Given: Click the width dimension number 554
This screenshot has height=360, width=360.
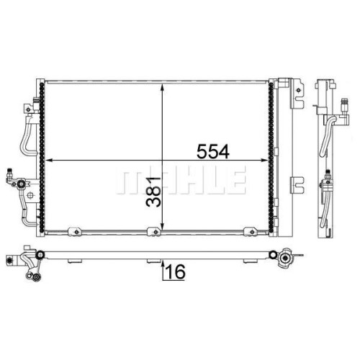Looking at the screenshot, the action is (x=213, y=151).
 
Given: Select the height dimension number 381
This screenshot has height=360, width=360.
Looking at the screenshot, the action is (x=153, y=192).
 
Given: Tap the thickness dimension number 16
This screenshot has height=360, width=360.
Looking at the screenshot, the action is (x=176, y=271).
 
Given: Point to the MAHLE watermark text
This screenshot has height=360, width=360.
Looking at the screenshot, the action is (x=181, y=179).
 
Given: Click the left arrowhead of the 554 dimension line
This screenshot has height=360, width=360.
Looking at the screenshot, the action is (x=49, y=161).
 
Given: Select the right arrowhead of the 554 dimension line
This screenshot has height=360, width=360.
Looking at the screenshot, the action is (x=265, y=161).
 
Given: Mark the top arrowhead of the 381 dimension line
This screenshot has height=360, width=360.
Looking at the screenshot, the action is (x=163, y=87).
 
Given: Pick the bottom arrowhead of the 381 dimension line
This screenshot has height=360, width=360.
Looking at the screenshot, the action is (x=163, y=226).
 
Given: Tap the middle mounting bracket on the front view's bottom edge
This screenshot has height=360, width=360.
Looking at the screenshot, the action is (x=155, y=232).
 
